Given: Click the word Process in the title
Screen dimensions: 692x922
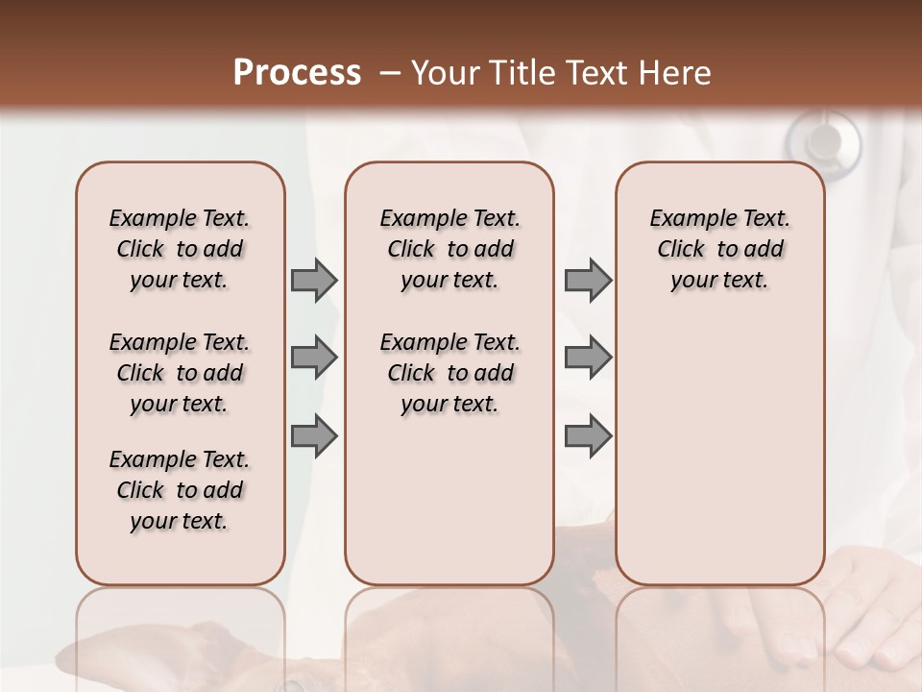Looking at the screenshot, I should coord(297,72).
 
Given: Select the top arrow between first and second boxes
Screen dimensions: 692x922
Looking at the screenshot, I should coord(313,280).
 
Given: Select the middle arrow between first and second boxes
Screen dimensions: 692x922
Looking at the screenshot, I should coord(313,358).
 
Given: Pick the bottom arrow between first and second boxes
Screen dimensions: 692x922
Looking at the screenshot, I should coord(313,435).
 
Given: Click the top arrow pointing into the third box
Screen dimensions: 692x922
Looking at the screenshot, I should coord(588,280).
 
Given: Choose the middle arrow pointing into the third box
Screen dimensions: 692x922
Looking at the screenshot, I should coord(588,358).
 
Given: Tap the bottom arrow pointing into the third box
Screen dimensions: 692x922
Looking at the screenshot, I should coord(588,435).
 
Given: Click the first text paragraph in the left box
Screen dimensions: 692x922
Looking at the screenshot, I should coord(180,249).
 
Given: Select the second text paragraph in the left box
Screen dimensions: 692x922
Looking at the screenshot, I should coord(180,373).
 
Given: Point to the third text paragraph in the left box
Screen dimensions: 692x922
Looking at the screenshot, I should coord(180,490).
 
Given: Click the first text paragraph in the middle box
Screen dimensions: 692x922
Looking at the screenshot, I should coord(449,249).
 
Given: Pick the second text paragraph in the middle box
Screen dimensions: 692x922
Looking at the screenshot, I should coord(449,373).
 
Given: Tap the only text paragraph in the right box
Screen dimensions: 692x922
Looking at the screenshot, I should coord(719,249).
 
